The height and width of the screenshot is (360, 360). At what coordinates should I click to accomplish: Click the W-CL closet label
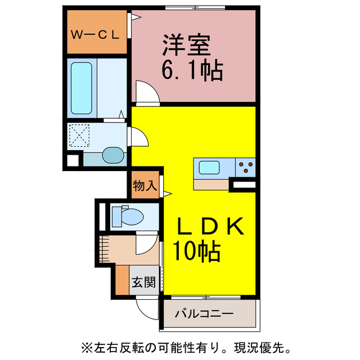tap(95, 34)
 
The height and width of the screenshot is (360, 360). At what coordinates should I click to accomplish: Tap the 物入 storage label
tap(145, 185)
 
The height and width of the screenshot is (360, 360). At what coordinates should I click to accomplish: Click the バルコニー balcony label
tap(204, 313)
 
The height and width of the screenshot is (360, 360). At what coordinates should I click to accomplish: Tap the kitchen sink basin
tap(210, 168)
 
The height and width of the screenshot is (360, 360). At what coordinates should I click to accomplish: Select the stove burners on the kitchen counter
tap(246, 167)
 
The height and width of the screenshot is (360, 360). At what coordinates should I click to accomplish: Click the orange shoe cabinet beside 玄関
tap(121, 280)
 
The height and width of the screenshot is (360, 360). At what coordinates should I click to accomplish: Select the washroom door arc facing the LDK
tap(138, 137)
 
